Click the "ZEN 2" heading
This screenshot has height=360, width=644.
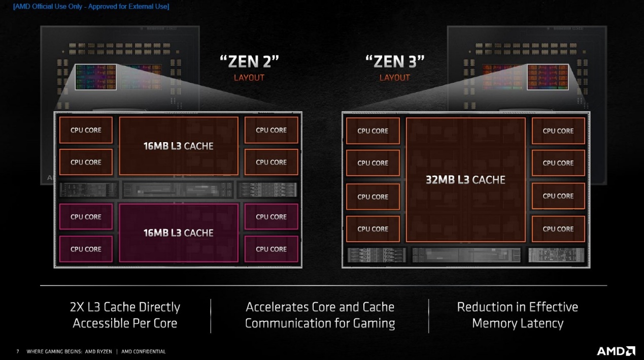pos(249,61)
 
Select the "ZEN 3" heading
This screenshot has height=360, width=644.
pos(395,61)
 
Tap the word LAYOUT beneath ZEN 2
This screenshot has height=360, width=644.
pos(249,78)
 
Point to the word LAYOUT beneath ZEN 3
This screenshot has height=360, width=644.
pos(394,78)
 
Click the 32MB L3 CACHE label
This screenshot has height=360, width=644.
pos(465,180)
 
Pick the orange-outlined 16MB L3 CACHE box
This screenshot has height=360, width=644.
pos(179,146)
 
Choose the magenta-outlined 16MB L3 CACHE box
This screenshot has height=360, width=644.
pos(179,233)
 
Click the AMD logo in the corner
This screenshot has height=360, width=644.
pos(616,351)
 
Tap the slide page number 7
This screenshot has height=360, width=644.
pos(18,351)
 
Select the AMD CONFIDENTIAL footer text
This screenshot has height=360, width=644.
pos(144,351)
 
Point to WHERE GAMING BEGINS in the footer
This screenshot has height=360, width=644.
pos(54,351)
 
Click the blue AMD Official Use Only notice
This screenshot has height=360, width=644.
pos(91,6)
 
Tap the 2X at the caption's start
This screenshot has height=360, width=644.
pos(77,307)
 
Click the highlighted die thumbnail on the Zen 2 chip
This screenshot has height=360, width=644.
pos(96,77)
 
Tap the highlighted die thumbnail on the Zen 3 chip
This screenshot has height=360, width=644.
pos(548,77)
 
